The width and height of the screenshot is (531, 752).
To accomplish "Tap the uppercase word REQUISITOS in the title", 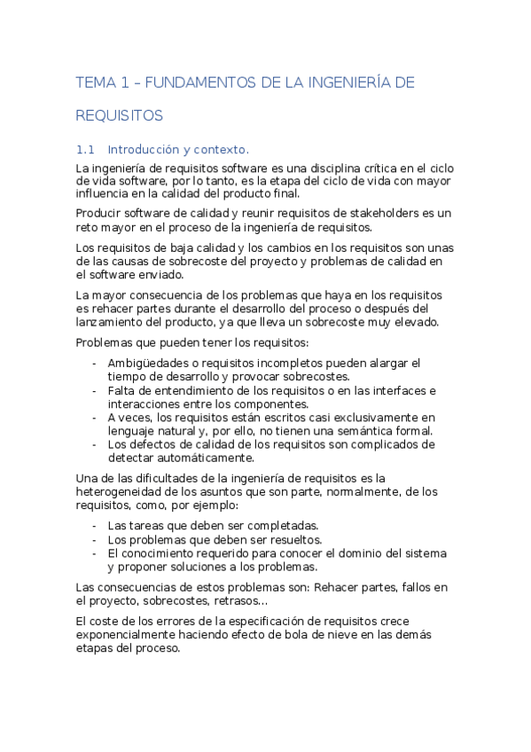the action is [x=120, y=115].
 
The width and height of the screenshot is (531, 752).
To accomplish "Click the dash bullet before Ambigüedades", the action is [x=95, y=364].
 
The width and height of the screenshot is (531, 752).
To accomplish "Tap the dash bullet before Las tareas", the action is [x=95, y=526].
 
